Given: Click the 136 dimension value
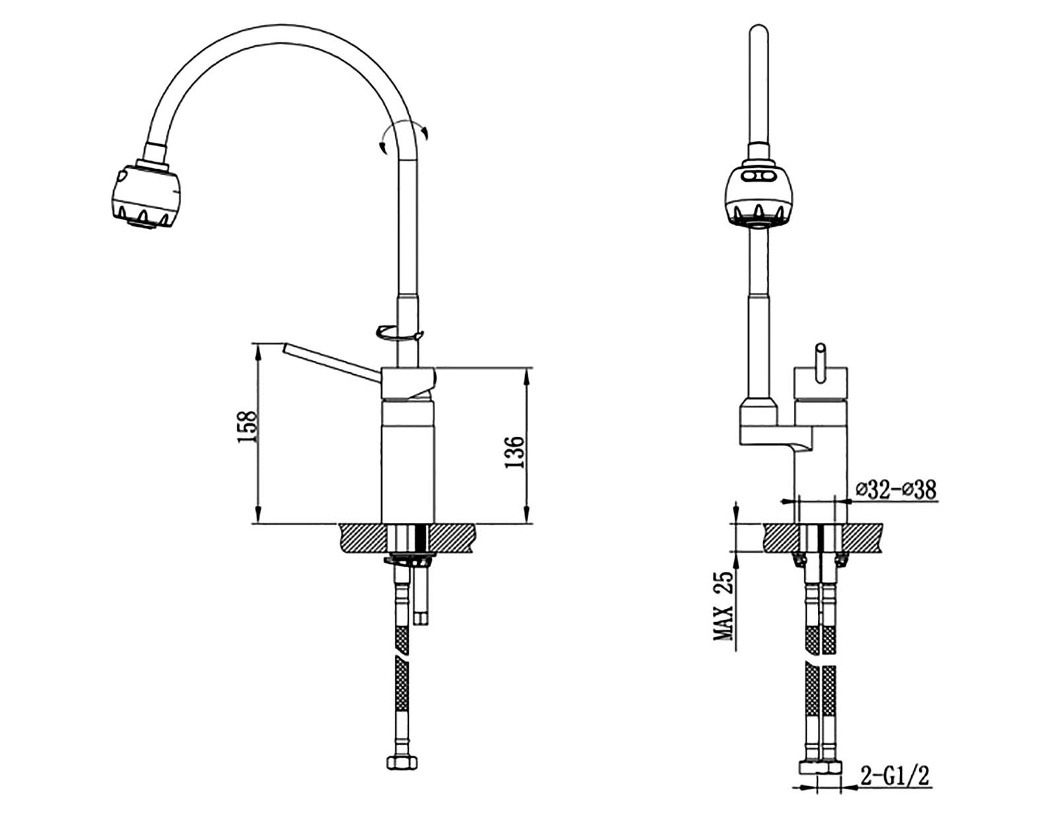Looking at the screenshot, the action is [x=514, y=452].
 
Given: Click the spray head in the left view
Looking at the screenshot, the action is [x=144, y=196].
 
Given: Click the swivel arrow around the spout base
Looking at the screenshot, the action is [x=399, y=333].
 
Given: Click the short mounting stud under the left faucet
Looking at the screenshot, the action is [x=420, y=594].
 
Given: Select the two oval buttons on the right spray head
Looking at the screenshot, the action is [x=758, y=176].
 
